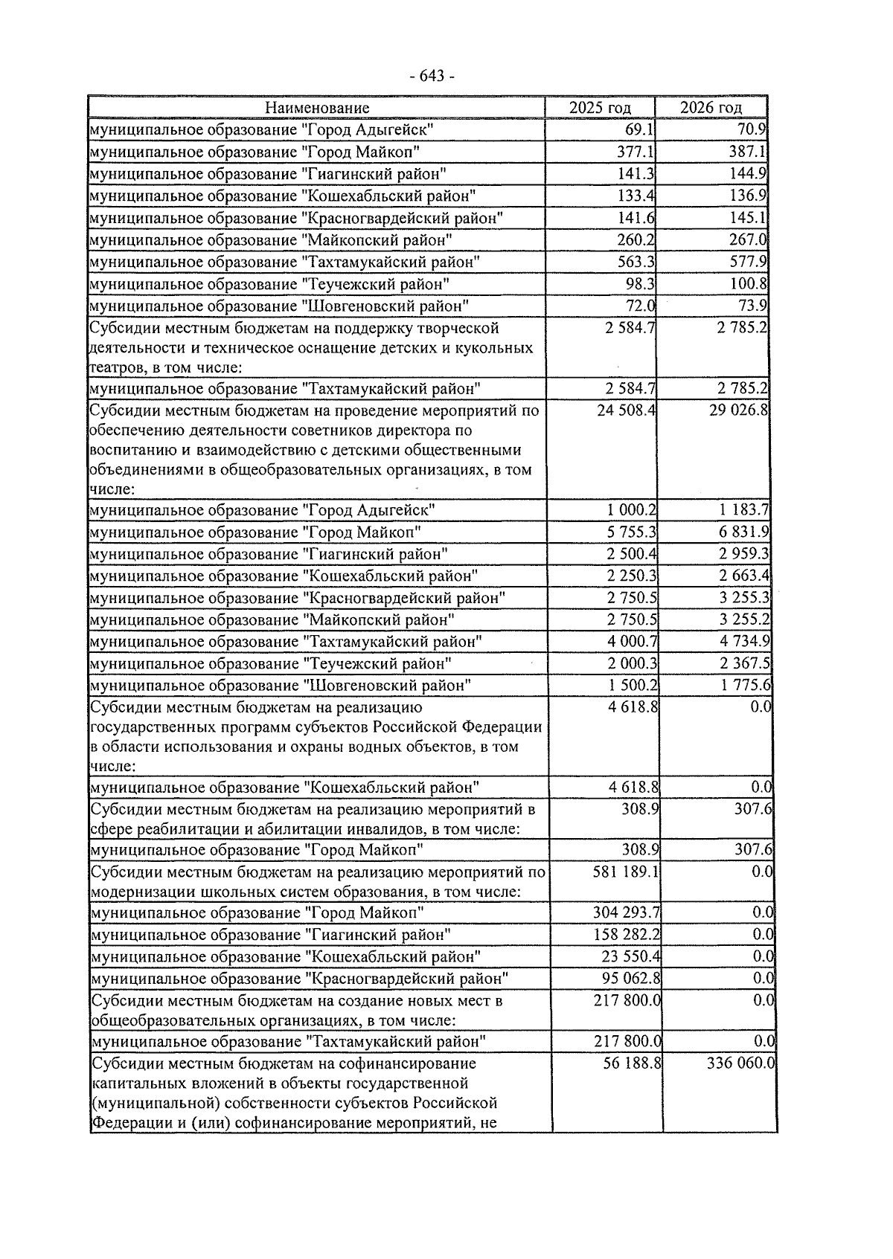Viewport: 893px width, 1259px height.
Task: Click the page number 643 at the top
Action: point(431,76)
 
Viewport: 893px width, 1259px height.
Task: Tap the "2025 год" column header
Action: point(600,109)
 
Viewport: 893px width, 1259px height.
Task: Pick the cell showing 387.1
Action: point(749,152)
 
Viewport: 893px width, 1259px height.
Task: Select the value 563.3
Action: point(636,262)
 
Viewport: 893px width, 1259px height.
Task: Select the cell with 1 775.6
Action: point(744,686)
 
